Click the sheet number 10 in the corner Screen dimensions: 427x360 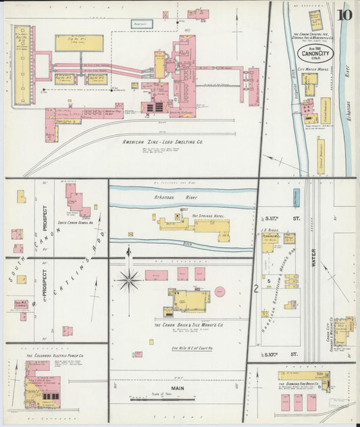click(x=345, y=14)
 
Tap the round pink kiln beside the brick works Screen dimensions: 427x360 click(x=220, y=292)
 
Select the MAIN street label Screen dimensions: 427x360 click(x=177, y=388)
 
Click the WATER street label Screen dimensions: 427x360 click(x=313, y=260)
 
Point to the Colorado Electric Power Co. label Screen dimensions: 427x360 click(x=55, y=355)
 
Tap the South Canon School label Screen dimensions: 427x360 click(x=76, y=222)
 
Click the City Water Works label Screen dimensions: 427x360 click(x=313, y=69)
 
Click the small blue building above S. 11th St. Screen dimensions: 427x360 click(x=297, y=197)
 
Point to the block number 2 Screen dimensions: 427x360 click(x=256, y=288)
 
